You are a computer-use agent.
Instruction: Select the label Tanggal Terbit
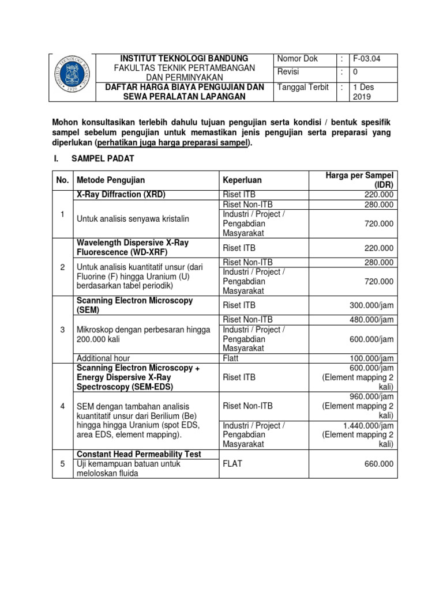pos(303,87)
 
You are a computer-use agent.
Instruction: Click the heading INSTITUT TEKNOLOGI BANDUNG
pos(184,59)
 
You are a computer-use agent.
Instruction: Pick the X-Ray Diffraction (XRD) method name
pos(122,195)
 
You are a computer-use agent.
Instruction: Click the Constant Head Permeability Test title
pos(139,454)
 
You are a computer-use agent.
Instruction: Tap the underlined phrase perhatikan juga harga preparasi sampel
pos(174,142)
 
